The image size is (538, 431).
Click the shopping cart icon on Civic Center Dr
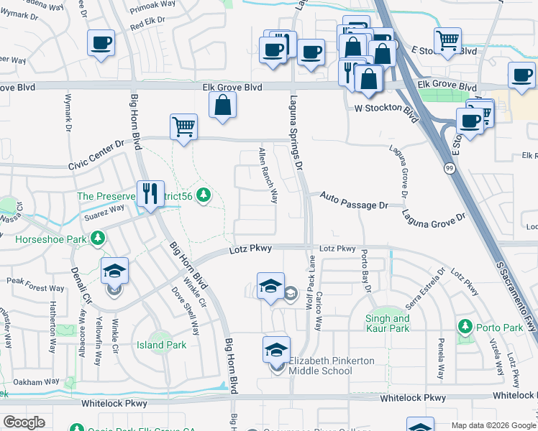(x=183, y=127)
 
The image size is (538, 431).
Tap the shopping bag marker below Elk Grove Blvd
(x=223, y=105)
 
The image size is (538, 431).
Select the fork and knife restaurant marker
(x=150, y=193)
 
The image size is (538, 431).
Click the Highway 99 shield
(x=450, y=167)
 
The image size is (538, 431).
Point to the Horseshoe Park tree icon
(x=97, y=237)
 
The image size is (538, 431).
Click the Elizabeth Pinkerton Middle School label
(x=321, y=366)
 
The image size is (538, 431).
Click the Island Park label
(x=162, y=345)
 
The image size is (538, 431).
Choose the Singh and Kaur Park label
(x=388, y=323)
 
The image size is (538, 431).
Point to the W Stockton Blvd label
(x=386, y=110)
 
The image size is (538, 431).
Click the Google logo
(x=24, y=422)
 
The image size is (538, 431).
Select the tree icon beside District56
(x=204, y=194)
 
